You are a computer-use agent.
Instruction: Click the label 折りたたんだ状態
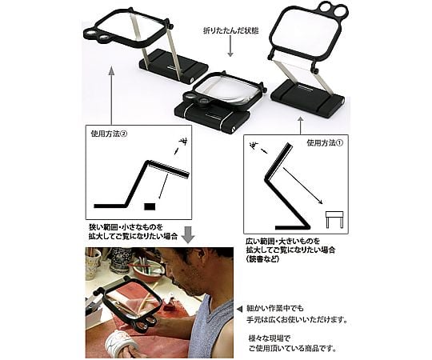pos(230,30)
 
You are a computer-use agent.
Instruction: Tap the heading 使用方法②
pos(109,134)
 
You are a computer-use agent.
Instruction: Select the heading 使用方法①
pos(325,143)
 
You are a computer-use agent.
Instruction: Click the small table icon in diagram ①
pos(334,219)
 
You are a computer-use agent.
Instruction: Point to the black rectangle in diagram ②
pos(150,206)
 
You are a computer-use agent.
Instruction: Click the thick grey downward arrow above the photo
pos(189,234)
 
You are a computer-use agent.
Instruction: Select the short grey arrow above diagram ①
pos(301,126)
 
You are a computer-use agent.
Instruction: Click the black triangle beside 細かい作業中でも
pos(240,309)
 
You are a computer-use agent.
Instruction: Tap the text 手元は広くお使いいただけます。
pos(296,320)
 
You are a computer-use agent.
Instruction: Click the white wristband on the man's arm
pos(122,341)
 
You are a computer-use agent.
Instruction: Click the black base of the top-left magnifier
pos(174,65)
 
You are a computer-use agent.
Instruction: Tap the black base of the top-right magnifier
pos(307,98)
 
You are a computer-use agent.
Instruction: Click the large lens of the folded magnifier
pos(227,91)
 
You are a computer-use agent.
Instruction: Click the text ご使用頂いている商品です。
pos(292,349)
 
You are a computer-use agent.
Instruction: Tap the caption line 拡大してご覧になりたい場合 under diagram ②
pos(133,236)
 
